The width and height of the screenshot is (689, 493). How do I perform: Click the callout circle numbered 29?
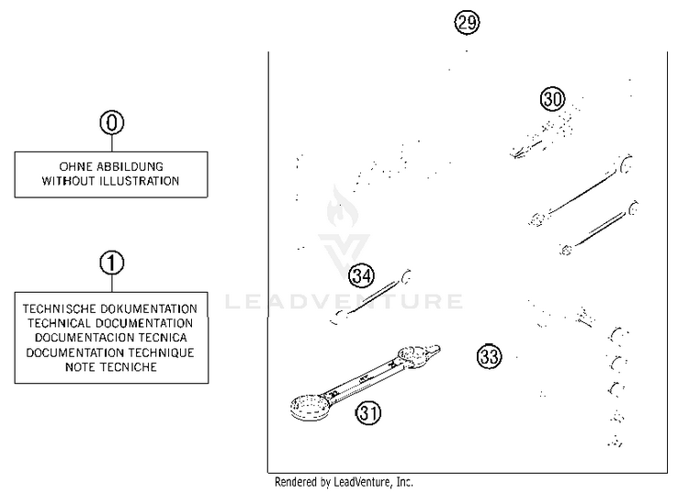pos(468,23)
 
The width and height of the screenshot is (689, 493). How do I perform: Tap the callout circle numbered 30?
pos(552,100)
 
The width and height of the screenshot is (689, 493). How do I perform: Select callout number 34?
pos(362,275)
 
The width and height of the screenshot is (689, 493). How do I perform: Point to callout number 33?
pos(490,356)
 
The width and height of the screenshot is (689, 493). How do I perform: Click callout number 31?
pos(368,414)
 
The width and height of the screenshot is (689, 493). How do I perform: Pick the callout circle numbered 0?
pos(111,122)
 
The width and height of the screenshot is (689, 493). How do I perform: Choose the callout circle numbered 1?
pos(111,263)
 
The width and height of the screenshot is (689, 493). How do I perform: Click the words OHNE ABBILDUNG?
pos(110,167)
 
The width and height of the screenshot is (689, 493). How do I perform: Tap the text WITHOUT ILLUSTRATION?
pos(110,181)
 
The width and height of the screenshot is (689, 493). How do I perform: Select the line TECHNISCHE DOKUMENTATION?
pos(110,309)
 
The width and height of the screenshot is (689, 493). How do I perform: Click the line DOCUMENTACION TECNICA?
pos(110,338)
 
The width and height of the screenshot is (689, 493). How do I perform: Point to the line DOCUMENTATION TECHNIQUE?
pos(110,353)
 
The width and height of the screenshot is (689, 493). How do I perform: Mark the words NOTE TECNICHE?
pos(110,367)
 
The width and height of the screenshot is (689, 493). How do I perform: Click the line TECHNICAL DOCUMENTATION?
pos(110,323)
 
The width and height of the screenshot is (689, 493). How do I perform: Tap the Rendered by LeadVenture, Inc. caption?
pos(344,482)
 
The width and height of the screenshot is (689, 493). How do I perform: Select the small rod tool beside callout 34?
pos(372,295)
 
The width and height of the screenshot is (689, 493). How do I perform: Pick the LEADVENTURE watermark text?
pos(344,301)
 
